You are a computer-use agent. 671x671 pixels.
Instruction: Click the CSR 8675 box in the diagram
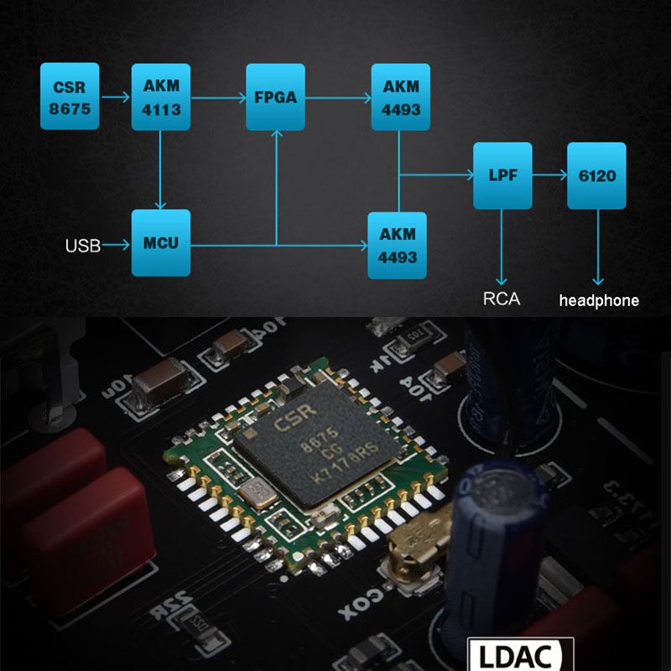click(70, 96)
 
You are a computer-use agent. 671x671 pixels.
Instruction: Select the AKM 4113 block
click(161, 96)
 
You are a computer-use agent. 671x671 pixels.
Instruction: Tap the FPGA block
click(275, 96)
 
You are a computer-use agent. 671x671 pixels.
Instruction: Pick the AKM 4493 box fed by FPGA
click(400, 96)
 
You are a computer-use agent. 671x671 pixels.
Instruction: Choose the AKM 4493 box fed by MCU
click(397, 245)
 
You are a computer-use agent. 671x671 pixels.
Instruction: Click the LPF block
click(502, 176)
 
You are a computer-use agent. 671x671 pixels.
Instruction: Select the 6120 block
click(596, 176)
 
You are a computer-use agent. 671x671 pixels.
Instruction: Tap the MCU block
click(161, 243)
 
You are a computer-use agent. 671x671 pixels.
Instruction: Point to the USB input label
click(82, 246)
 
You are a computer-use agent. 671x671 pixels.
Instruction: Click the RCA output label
click(502, 299)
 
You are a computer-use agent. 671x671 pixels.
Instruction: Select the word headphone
click(598, 300)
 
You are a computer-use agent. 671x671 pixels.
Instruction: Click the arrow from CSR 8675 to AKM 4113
click(115, 96)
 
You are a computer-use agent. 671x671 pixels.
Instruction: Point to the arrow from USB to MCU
click(116, 245)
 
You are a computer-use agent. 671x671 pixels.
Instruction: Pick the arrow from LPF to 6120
click(549, 176)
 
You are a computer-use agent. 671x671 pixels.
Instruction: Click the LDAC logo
click(521, 655)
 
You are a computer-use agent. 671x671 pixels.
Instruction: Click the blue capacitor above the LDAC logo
click(495, 537)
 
